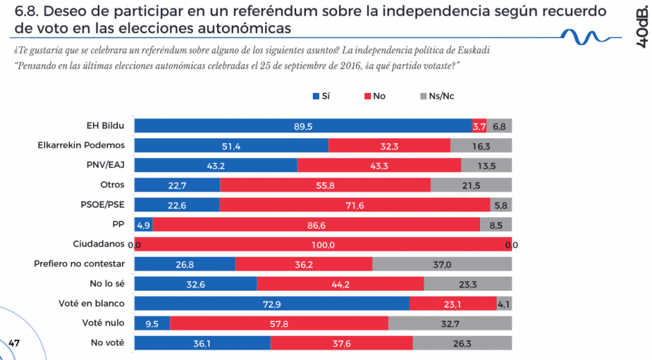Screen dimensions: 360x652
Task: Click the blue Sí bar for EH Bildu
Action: [x=302, y=126]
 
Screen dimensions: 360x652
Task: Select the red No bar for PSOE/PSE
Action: [x=354, y=205]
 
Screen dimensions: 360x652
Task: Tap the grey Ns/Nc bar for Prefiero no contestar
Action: [x=442, y=264]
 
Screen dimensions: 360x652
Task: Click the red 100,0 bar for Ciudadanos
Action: [x=323, y=244]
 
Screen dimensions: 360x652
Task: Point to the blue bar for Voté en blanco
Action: [x=271, y=304]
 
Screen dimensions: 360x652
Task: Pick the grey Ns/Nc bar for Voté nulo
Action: [x=449, y=323]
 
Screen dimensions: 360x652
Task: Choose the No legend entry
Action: [x=375, y=96]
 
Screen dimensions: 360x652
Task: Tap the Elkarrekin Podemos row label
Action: [x=80, y=146]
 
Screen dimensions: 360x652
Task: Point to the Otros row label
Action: [x=112, y=185]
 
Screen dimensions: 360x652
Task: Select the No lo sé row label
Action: [x=106, y=284]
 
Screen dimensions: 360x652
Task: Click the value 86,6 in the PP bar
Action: [x=316, y=225]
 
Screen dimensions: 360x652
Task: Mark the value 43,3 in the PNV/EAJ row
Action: [x=379, y=165]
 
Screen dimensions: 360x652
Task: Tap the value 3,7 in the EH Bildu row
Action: [x=479, y=126]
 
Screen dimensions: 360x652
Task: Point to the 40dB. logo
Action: [x=642, y=29]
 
